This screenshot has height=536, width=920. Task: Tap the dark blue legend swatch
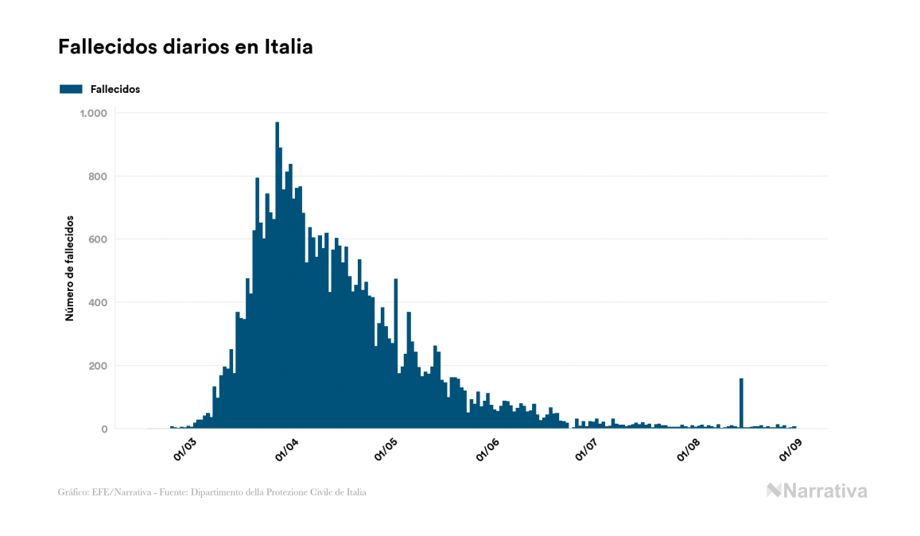[x=71, y=89]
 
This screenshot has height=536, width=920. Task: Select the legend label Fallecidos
[x=115, y=89]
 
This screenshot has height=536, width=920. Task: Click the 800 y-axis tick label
[x=98, y=176]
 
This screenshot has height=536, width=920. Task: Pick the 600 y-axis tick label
[x=98, y=239]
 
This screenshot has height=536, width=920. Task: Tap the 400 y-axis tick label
[x=98, y=303]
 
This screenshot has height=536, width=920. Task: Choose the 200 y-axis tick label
[x=98, y=366]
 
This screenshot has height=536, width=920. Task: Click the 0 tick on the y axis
[x=103, y=429]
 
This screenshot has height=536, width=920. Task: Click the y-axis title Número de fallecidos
[x=69, y=268]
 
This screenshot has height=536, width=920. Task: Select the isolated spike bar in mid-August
[x=741, y=404]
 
